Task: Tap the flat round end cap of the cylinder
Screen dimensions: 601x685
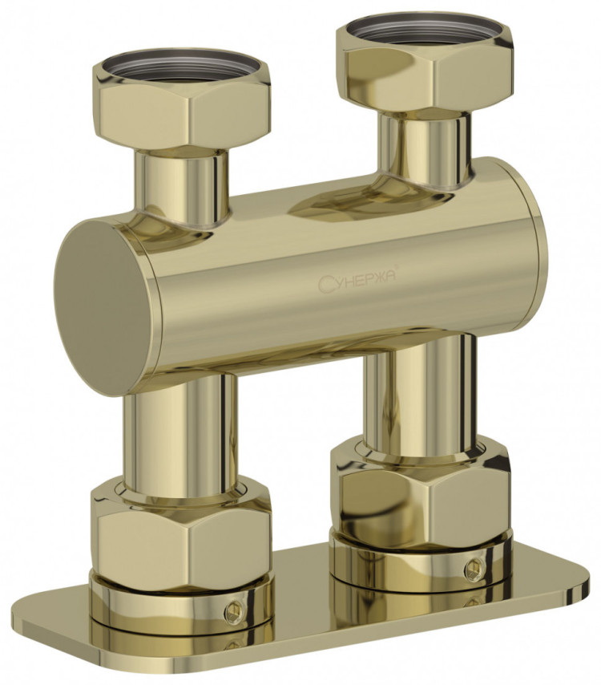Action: pos(103,307)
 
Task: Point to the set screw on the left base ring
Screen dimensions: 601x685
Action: pos(234,610)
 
